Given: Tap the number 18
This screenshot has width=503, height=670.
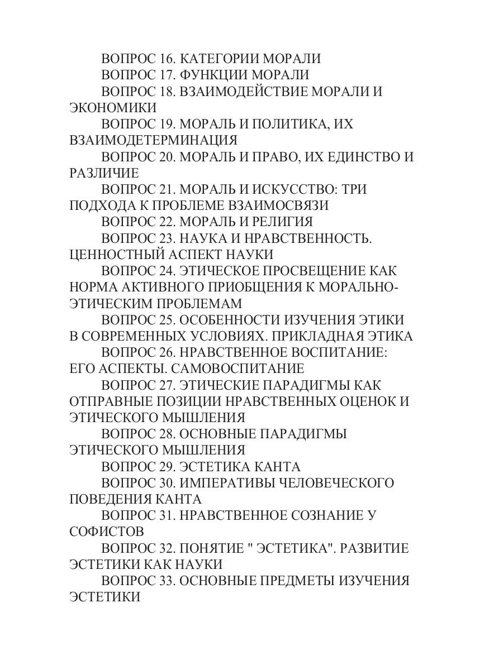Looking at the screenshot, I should (x=167, y=91).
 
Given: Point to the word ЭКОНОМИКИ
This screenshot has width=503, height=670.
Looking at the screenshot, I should (x=113, y=107).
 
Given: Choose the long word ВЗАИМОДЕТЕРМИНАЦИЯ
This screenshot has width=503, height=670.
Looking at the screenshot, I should (x=154, y=140).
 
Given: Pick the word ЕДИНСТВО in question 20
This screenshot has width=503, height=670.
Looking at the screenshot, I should (x=352, y=156).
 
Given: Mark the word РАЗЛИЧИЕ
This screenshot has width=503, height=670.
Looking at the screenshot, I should (x=104, y=173).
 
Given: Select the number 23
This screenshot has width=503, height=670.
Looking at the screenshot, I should (x=167, y=238).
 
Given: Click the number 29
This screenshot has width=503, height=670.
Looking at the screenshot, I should (x=167, y=466).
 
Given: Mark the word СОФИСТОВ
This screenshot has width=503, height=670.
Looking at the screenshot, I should (x=107, y=531).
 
